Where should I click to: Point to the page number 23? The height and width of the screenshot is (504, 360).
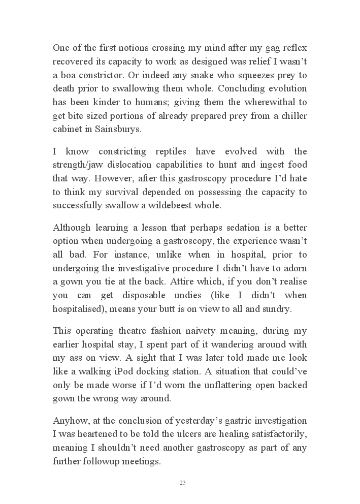(x=182, y=483)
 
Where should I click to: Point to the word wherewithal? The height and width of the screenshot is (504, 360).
(x=271, y=102)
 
